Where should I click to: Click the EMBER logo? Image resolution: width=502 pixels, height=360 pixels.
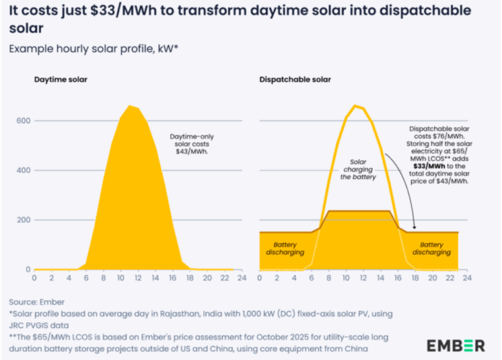pos(456,345)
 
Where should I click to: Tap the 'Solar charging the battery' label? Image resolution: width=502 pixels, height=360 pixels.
pos(358,169)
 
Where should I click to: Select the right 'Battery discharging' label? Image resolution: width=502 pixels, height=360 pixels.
pos(432,248)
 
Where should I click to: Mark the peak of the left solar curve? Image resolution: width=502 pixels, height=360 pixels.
pos(131,106)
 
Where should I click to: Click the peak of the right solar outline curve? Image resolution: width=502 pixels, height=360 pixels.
pos(354,106)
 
